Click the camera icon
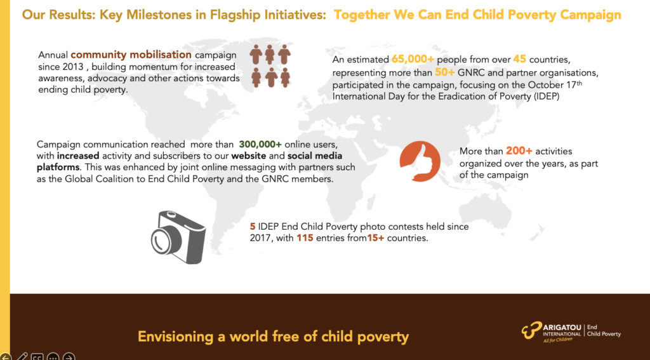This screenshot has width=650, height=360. pos(178,237)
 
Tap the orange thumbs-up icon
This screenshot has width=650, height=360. pos(420,161)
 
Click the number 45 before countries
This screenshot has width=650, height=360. pos(519,59)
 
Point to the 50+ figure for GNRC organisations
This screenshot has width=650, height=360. pos(445,72)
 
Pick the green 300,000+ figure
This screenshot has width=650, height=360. pos(260,144)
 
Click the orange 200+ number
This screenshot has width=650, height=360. pos(516,151)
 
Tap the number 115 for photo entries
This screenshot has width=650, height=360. pos(304,239)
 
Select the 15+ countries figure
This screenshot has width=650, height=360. pos(376,239)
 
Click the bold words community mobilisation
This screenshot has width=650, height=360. pos(131,55)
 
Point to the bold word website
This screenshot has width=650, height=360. pos(247,156)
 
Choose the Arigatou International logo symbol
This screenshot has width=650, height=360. pos(532,330)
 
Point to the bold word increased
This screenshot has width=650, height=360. pos(78,156)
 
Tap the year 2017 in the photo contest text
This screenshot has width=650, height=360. pos(260,239)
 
